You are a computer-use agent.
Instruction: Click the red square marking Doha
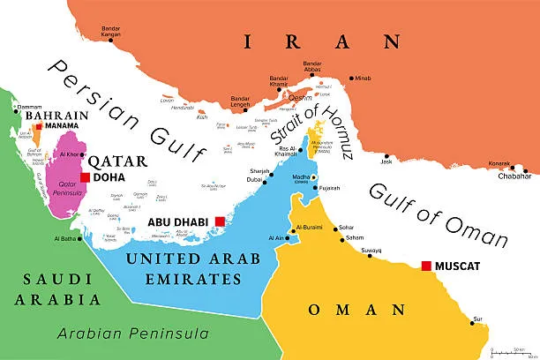[x=85, y=177]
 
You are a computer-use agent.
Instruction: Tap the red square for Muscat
[x=426, y=266]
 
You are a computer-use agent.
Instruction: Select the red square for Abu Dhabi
[x=220, y=223]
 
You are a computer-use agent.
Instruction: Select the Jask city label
[x=386, y=161]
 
